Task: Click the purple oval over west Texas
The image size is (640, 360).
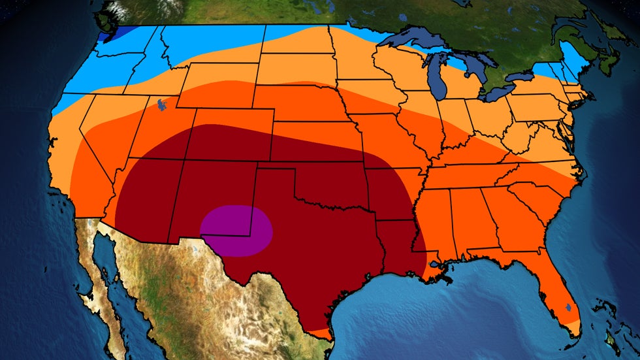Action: click(x=236, y=230)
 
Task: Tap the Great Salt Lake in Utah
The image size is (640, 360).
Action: click(x=160, y=103)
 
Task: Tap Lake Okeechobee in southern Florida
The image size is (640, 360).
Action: click(x=568, y=306)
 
